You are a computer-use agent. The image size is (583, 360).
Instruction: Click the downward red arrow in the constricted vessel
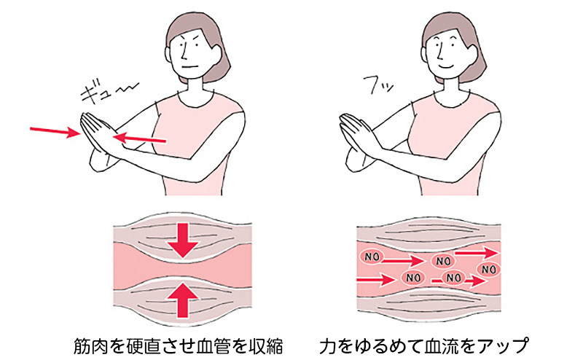coord(182,240)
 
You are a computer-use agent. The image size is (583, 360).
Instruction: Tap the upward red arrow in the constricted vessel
coord(182,300)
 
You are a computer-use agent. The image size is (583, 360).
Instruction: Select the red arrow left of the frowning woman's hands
coord(55,131)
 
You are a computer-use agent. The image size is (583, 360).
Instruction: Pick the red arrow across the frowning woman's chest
coord(139,139)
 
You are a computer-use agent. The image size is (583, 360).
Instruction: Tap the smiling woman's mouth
coord(445,66)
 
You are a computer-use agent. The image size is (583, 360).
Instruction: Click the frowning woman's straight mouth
coord(189,67)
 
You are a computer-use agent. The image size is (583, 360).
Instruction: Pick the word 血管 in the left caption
coord(213,346)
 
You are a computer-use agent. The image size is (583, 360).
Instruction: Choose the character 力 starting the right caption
coord(327,346)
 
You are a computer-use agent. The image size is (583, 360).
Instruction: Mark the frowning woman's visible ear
coord(216,53)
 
